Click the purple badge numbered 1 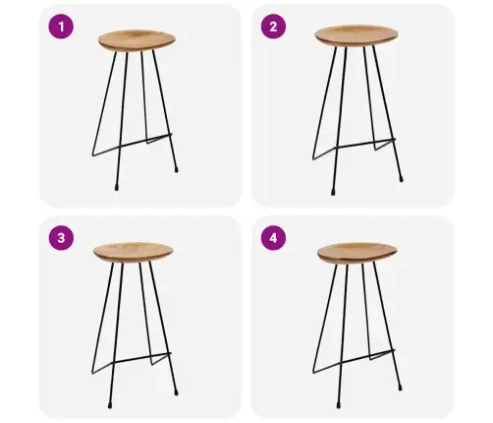[x=61, y=27]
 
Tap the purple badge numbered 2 [x=273, y=27]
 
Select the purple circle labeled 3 [x=61, y=238]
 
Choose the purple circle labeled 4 [x=273, y=238]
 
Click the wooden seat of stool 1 [x=137, y=40]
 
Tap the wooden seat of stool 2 [x=356, y=35]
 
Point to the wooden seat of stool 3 [x=134, y=252]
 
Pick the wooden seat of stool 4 [x=357, y=253]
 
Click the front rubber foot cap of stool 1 [x=117, y=188]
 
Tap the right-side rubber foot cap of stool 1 [x=176, y=169]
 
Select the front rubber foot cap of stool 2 [x=333, y=192]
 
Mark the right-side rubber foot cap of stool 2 [x=401, y=179]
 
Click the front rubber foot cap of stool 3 [x=110, y=405]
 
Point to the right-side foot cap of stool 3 [x=176, y=393]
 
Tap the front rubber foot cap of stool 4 [x=338, y=405]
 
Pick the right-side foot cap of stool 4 [x=401, y=388]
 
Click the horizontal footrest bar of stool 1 [x=132, y=145]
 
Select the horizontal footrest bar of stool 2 [x=355, y=150]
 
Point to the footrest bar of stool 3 [x=132, y=363]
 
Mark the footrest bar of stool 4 [x=354, y=362]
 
